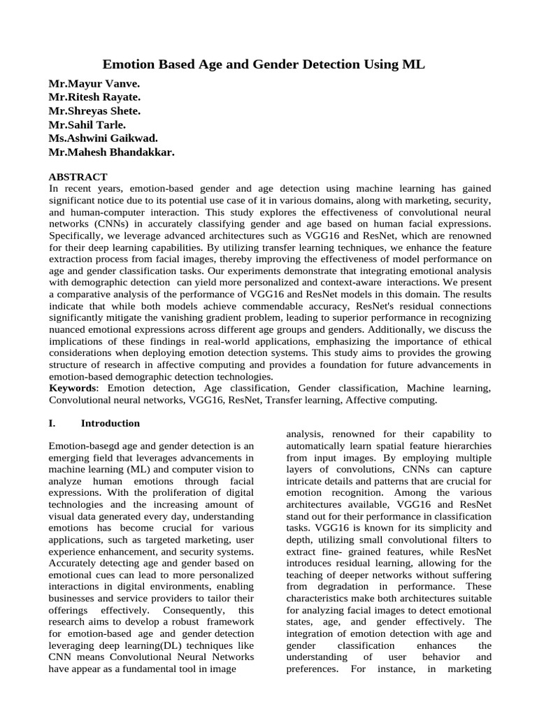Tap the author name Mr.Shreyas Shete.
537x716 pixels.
[x=94, y=111]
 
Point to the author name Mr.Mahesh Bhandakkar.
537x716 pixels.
[x=111, y=152]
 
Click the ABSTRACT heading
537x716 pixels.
[x=78, y=177]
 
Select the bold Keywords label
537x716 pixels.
[x=73, y=387]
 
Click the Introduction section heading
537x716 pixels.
[x=110, y=423]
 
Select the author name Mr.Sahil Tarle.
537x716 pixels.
[x=87, y=124]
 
